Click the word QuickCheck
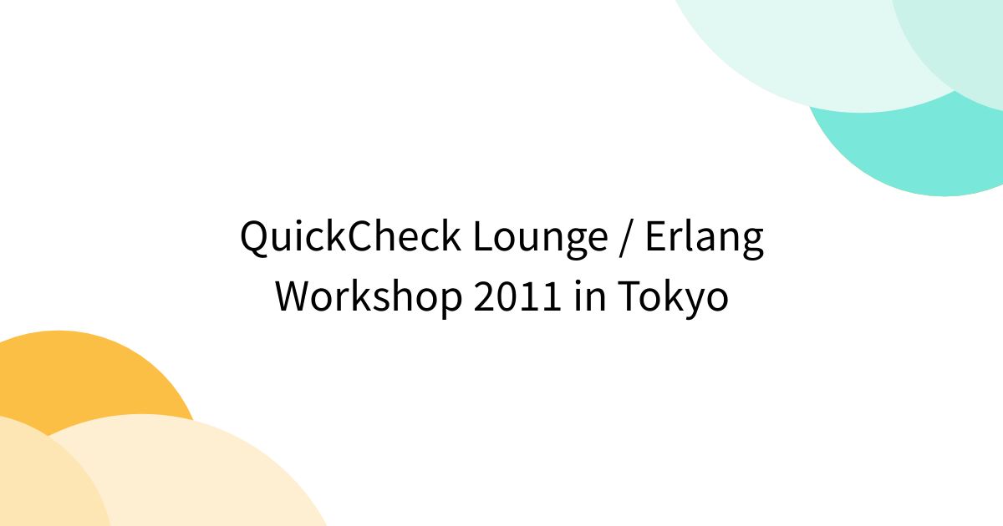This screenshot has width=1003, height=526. click(350, 238)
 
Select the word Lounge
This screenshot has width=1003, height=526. click(540, 238)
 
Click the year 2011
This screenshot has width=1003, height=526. click(518, 296)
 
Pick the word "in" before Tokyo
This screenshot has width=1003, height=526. click(590, 296)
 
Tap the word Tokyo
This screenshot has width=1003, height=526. click(674, 296)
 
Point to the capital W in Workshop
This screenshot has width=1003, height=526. click(294, 296)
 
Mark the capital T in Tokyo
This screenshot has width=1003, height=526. click(629, 296)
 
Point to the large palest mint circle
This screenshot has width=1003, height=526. click(794, 50)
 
